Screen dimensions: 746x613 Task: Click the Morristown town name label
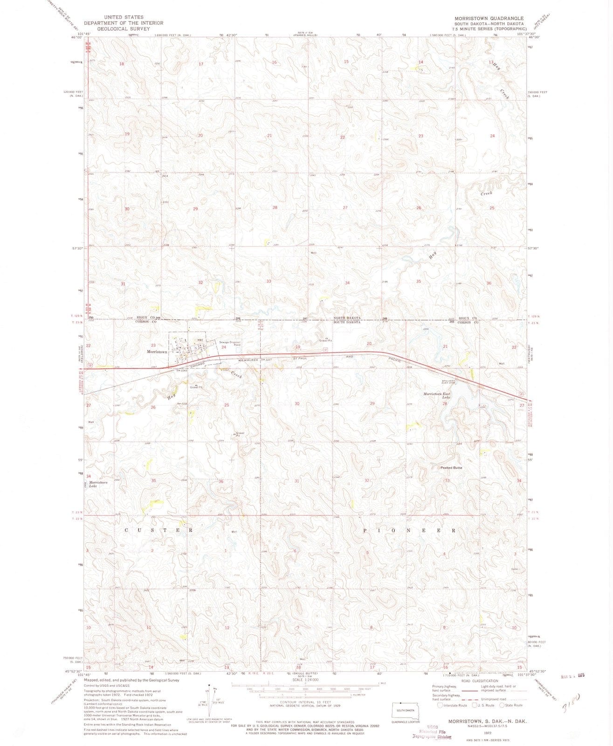156,352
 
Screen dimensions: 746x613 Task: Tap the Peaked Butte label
451,467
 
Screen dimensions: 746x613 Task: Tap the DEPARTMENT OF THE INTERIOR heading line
124,23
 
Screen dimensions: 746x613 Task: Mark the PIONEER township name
409,530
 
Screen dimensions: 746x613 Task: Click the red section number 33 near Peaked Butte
447,480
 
